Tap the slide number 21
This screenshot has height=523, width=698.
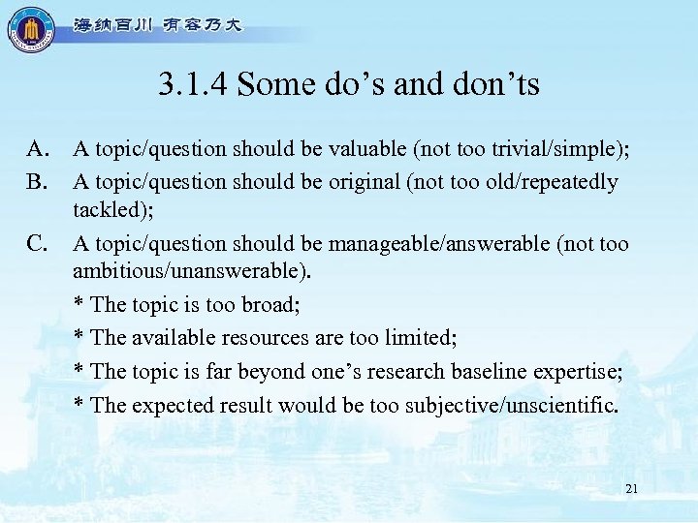(x=631, y=489)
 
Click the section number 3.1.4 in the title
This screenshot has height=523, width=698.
(x=193, y=85)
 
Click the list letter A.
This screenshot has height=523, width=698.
(x=38, y=149)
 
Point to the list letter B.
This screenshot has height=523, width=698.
(x=38, y=181)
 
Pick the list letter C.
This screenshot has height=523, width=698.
(x=38, y=244)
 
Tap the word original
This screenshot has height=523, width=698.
(x=365, y=181)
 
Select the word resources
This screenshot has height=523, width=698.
(x=271, y=338)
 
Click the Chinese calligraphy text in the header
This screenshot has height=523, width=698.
(x=156, y=26)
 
